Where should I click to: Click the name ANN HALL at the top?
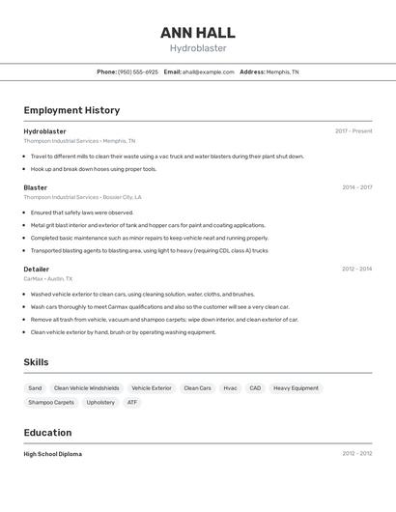197,32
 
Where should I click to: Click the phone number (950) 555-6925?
138,71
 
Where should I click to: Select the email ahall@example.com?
209,71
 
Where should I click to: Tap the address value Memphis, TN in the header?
282,71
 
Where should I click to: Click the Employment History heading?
71,110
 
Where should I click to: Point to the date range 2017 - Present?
354,131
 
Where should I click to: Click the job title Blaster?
36,187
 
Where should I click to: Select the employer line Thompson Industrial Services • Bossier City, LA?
82,197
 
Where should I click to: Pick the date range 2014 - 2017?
356,187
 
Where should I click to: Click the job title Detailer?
37,269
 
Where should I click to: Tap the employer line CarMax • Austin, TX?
48,278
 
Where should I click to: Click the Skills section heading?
37,361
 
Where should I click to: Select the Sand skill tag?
35,388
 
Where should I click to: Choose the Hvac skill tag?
230,388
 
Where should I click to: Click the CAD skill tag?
255,388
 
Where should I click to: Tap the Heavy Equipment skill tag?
296,388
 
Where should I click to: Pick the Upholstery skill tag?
100,402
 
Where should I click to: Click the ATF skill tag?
132,402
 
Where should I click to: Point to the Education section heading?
47,433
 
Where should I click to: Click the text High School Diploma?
53,454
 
